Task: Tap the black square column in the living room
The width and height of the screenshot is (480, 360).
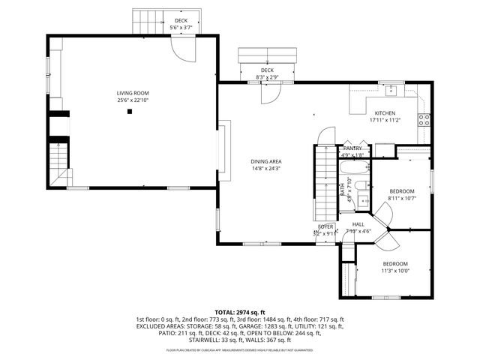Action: [130, 111]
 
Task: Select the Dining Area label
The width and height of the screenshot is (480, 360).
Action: [265, 161]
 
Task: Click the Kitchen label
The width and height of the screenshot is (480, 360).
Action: [385, 113]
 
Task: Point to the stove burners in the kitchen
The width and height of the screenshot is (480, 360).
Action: [424, 118]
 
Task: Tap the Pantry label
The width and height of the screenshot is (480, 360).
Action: [352, 148]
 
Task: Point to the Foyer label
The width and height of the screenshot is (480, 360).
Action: [325, 226]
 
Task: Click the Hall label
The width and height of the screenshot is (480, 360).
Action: [358, 224]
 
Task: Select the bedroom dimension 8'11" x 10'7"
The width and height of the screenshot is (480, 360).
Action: [401, 198]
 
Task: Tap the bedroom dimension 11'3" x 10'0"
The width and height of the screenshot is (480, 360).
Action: [395, 270]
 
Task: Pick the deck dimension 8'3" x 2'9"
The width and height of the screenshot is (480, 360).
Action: [267, 76]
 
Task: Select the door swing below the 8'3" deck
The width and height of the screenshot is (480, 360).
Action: [268, 91]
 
